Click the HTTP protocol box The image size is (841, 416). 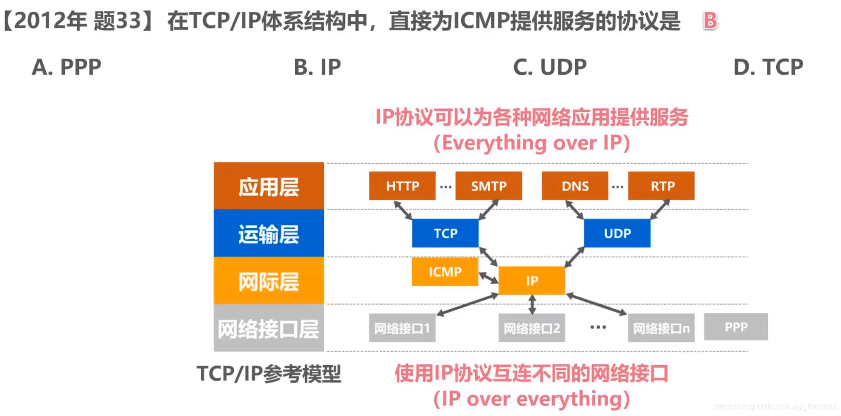[402, 186]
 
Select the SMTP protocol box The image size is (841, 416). [488, 186]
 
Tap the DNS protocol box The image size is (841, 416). [575, 186]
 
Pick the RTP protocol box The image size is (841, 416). [661, 186]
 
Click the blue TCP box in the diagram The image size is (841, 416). [445, 233]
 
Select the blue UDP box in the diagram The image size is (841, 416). [617, 233]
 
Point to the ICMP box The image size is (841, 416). [445, 271]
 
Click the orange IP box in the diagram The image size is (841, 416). [532, 281]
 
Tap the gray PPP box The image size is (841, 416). [736, 327]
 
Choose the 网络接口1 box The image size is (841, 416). [402, 328]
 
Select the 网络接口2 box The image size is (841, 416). [532, 328]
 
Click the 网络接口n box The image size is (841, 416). [661, 328]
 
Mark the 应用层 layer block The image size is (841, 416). [269, 186]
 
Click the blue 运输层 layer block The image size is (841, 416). [269, 233]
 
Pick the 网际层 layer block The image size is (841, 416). [269, 281]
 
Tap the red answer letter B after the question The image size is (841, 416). [710, 21]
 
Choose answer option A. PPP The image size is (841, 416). [66, 67]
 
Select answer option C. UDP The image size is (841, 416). [549, 67]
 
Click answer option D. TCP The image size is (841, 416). [768, 67]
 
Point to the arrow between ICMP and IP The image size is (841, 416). [488, 278]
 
